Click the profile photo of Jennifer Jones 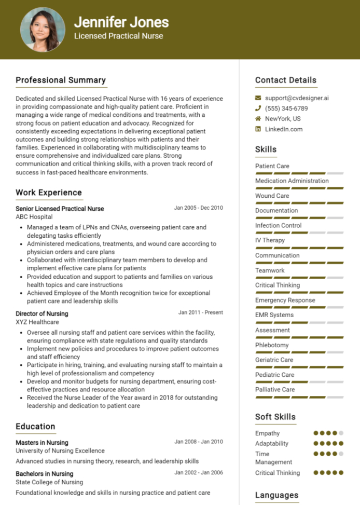pyautogui.click(x=43, y=29)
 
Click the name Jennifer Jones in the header pyautogui.click(x=121, y=22)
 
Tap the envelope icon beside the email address pyautogui.click(x=258, y=98)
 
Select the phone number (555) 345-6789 pyautogui.click(x=286, y=108)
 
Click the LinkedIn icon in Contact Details pyautogui.click(x=258, y=129)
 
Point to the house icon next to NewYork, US pyautogui.click(x=258, y=119)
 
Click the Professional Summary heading pyautogui.click(x=61, y=80)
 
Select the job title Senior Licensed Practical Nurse pyautogui.click(x=60, y=209)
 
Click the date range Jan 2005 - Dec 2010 pyautogui.click(x=198, y=208)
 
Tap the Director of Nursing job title pyautogui.click(x=41, y=313)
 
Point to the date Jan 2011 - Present pyautogui.click(x=200, y=313)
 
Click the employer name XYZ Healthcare pyautogui.click(x=37, y=322)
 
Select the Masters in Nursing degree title pyautogui.click(x=41, y=443)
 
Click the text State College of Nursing pyautogui.click(x=49, y=482)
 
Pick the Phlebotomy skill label pyautogui.click(x=272, y=345)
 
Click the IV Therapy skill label pyautogui.click(x=270, y=240)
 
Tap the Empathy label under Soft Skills pyautogui.click(x=267, y=433)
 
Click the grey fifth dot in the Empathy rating pyautogui.click(x=341, y=433)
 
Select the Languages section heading pyautogui.click(x=276, y=495)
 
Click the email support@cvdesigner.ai pyautogui.click(x=297, y=98)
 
